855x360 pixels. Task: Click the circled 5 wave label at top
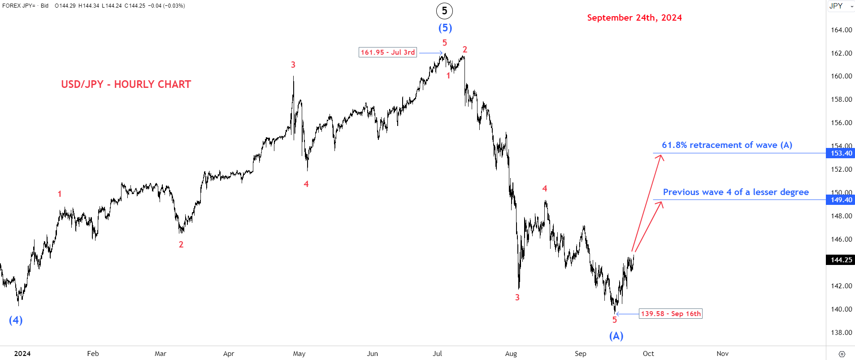click(444, 11)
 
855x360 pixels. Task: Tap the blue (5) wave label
click(445, 28)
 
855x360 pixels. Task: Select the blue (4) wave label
click(16, 320)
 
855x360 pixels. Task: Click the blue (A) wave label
click(616, 336)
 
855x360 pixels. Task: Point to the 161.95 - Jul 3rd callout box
click(388, 52)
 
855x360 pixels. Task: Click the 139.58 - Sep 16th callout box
click(671, 314)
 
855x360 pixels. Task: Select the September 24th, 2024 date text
click(634, 17)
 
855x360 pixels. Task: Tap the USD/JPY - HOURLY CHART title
click(126, 84)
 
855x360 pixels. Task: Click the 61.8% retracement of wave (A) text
click(727, 145)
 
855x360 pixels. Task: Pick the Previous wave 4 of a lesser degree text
click(736, 192)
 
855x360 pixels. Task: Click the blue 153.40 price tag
click(841, 153)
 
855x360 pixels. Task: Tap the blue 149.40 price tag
click(841, 200)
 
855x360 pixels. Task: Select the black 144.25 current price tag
click(841, 260)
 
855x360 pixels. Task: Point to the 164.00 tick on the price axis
click(842, 30)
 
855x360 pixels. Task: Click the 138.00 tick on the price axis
click(842, 333)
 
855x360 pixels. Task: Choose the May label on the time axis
click(299, 354)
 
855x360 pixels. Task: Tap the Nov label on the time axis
click(722, 354)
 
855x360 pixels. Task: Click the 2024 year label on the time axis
click(22, 354)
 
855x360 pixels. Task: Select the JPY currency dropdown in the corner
click(841, 6)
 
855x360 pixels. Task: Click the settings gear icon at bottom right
click(842, 354)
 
